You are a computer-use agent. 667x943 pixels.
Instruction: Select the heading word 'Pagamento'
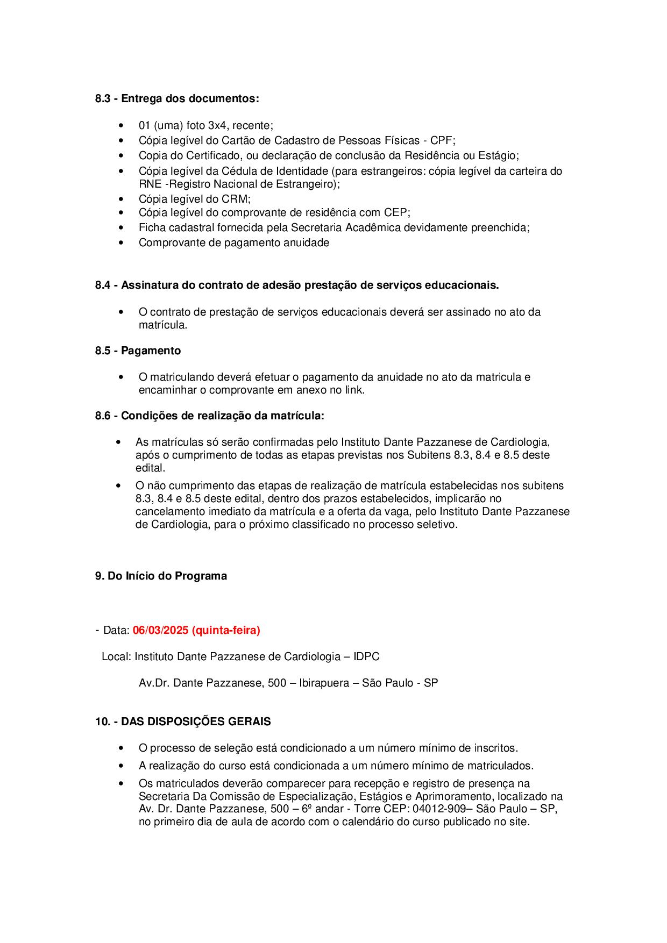click(151, 351)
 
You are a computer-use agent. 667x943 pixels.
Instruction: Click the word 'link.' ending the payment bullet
click(354, 390)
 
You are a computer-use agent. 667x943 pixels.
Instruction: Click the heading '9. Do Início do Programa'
click(161, 576)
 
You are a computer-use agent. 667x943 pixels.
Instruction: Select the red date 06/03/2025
click(160, 631)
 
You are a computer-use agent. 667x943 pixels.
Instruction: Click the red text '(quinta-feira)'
click(226, 631)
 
